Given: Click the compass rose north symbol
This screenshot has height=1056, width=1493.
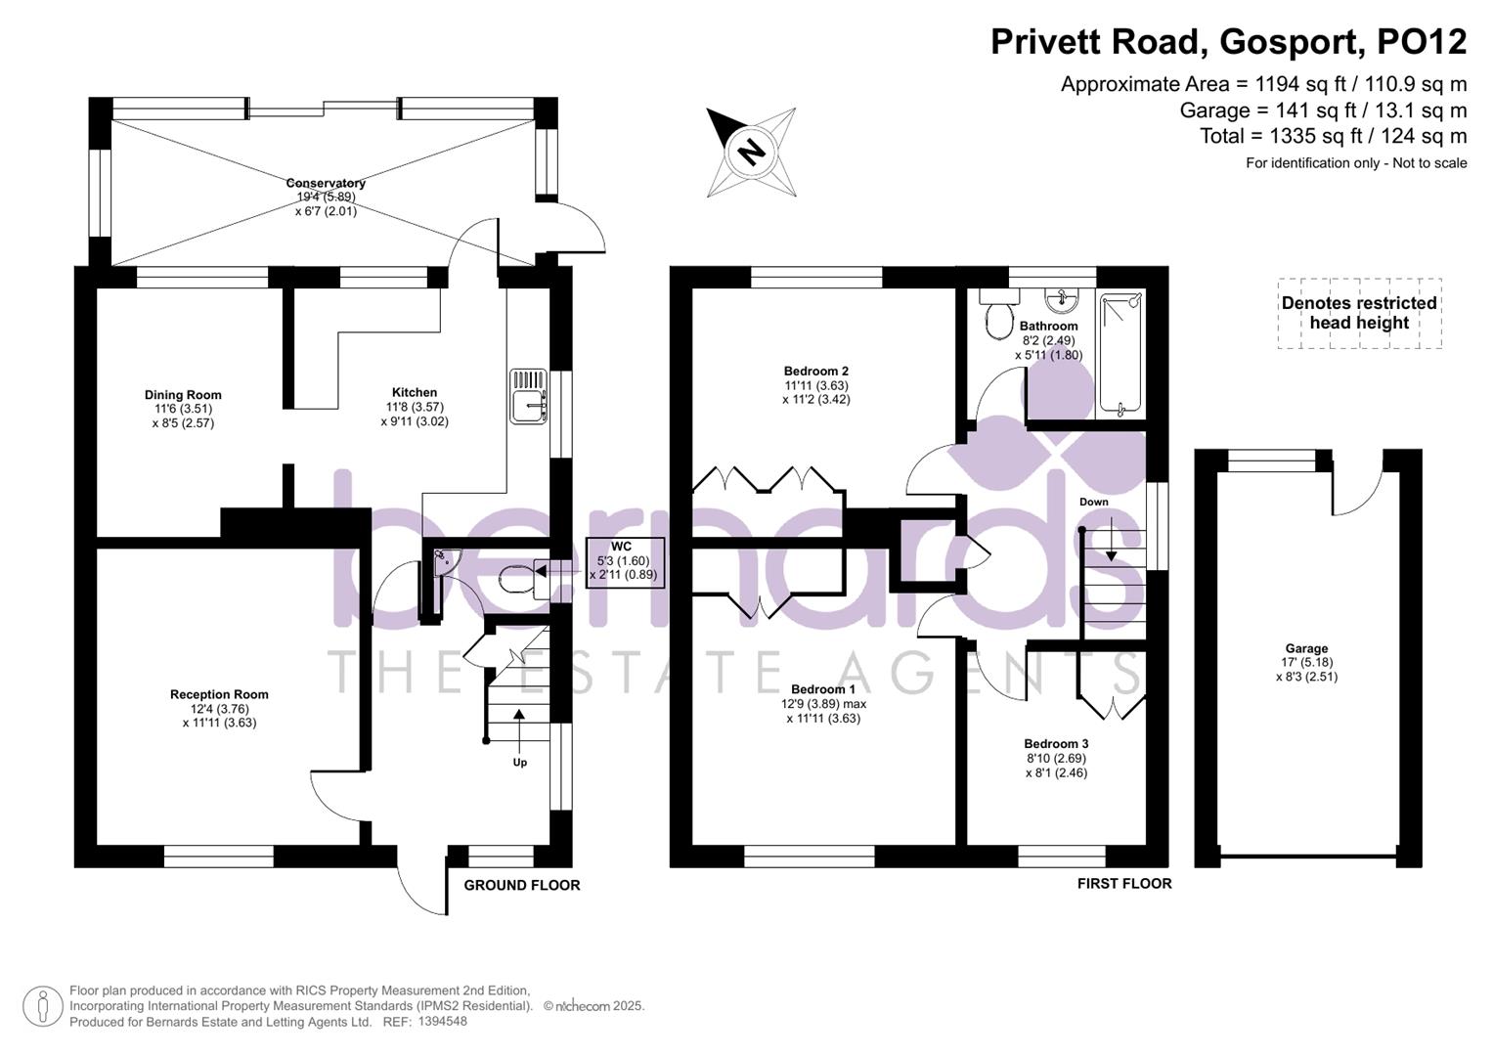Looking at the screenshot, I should (751, 153).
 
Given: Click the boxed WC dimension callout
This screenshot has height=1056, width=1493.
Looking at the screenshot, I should (625, 561).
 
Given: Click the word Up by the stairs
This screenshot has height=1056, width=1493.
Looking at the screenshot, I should (519, 762).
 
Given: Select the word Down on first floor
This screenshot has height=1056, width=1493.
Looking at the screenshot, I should (1093, 502).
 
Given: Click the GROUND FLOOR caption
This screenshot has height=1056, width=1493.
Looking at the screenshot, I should (521, 885).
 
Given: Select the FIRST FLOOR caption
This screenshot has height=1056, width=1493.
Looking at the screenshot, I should (1123, 883).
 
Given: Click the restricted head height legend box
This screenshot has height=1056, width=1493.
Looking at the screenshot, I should (1359, 313).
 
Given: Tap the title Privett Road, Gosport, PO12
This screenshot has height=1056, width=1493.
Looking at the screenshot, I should (1228, 42).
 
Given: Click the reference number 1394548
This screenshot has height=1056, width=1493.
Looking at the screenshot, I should (442, 1021).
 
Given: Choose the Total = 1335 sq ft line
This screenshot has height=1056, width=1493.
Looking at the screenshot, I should (1333, 136).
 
